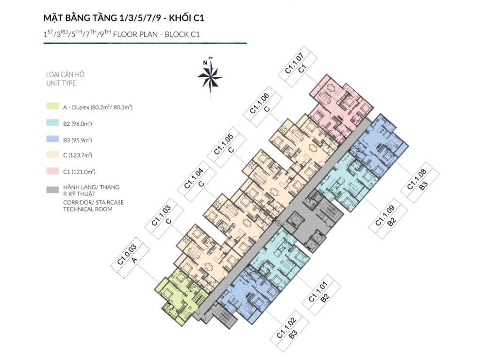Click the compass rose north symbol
click(211, 77)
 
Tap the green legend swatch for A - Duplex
click(52, 106)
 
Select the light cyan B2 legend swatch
click(52, 122)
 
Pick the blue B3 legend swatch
click(52, 139)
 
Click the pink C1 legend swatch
click(52, 171)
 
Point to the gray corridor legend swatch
click(52, 190)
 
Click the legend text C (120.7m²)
click(78, 155)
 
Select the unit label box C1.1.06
click(263, 106)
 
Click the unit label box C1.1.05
click(227, 147)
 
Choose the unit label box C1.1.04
click(197, 182)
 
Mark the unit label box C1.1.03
click(164, 219)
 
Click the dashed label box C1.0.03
click(130, 258)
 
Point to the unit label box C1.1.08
click(420, 182)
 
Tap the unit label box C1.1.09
click(388, 219)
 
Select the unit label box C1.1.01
click(321, 295)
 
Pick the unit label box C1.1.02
click(289, 331)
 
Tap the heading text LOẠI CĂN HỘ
click(65, 74)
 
